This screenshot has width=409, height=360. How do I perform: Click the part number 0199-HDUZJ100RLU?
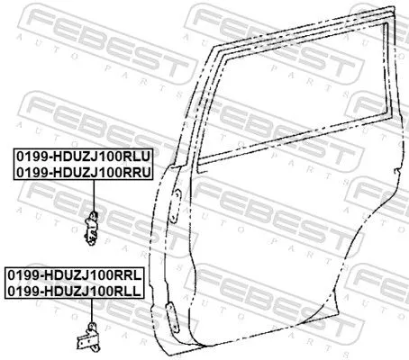coord(84,155)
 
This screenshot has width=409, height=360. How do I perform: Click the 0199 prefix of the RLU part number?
coord(27,155)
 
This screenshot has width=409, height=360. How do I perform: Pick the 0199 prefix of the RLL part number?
coord(21,290)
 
